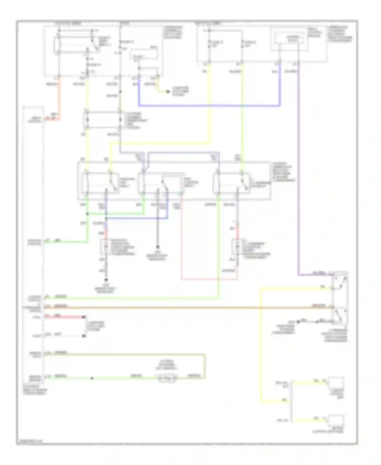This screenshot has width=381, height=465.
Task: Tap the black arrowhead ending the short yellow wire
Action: (168, 91)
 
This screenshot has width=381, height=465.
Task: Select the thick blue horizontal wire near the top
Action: (208, 105)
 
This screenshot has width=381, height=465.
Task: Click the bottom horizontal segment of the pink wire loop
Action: (209, 279)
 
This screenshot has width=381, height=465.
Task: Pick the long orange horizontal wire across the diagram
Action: (188, 308)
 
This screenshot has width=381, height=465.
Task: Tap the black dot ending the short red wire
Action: (84, 317)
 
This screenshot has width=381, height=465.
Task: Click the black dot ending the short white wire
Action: (84, 336)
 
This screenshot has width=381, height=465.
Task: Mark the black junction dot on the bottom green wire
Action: (92, 378)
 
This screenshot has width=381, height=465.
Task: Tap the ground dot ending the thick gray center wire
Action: (157, 247)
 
